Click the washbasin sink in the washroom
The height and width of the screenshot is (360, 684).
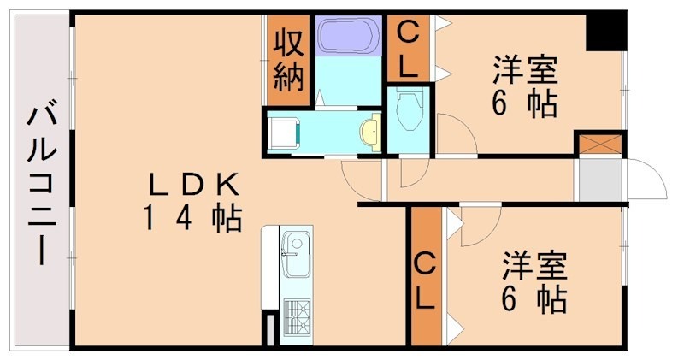[370, 133]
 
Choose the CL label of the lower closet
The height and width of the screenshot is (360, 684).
[425, 282]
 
